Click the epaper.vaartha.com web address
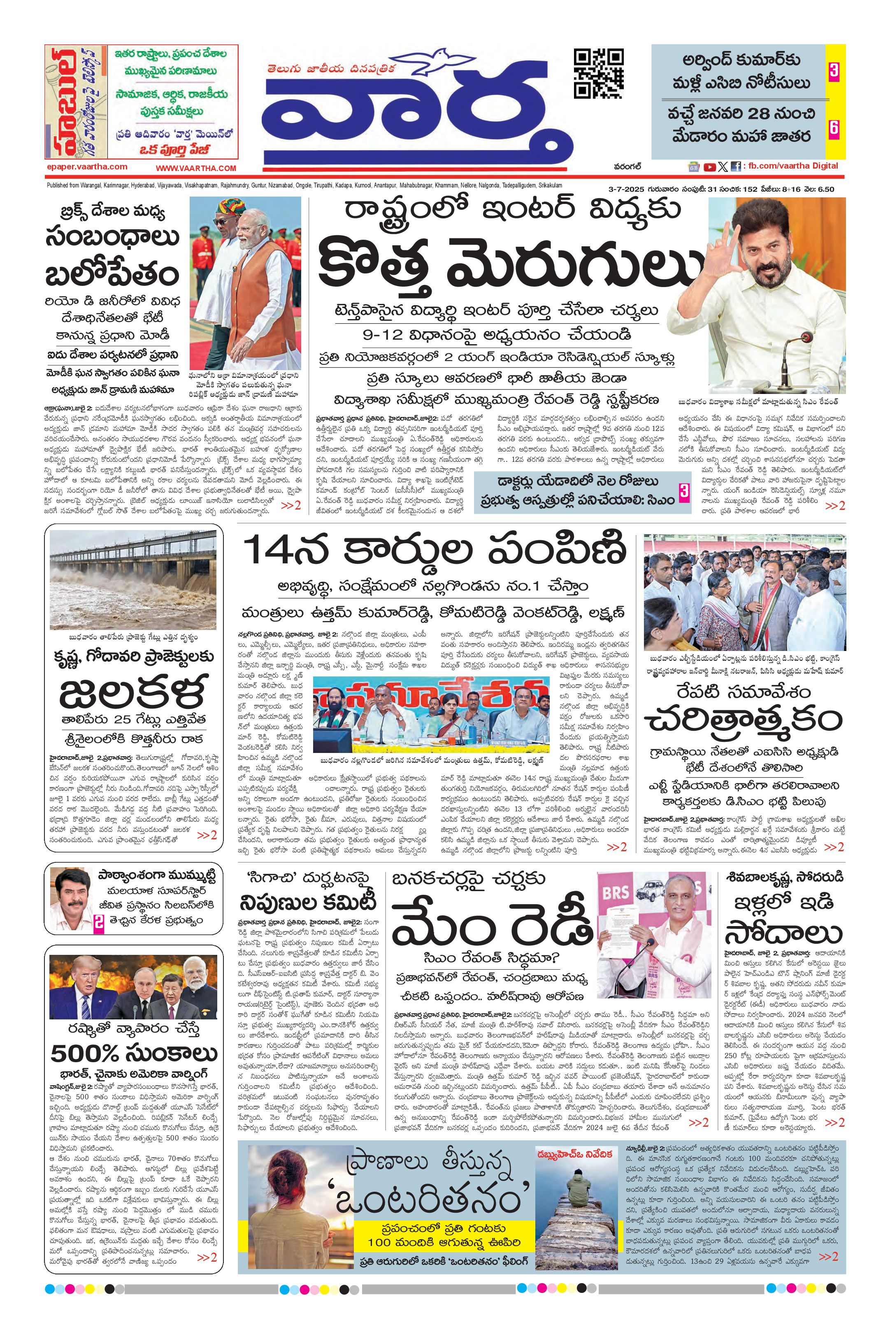[x=87, y=167]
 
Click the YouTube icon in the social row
[x=709, y=167]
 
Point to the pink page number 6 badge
[x=834, y=129]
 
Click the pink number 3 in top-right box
[x=834, y=72]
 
